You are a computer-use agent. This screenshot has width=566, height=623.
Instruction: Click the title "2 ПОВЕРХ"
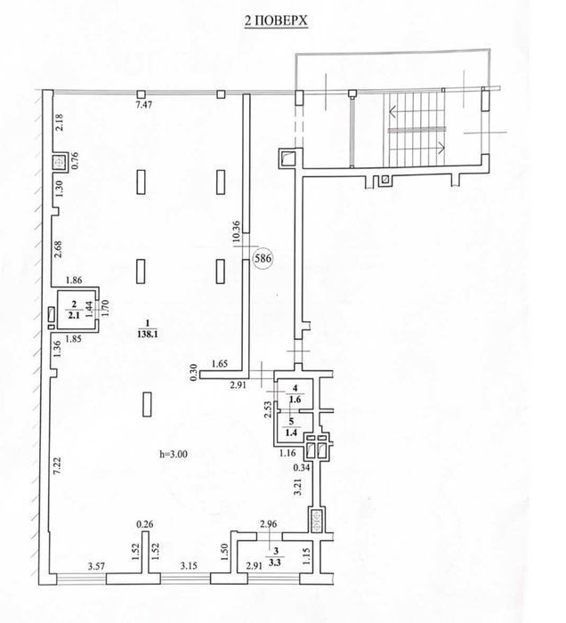(276, 20)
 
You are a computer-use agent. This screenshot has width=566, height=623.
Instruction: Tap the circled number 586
(263, 259)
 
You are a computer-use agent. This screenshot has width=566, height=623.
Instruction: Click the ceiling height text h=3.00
(174, 454)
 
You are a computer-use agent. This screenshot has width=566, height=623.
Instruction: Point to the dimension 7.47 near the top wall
(144, 105)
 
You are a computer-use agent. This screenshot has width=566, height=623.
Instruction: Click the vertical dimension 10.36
(237, 231)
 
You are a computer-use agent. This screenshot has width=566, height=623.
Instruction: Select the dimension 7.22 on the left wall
(57, 465)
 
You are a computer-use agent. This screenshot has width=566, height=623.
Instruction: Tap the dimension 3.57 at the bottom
(96, 566)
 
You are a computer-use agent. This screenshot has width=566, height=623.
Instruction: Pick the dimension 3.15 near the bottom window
(189, 566)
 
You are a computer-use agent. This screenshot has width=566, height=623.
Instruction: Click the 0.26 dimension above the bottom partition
(144, 524)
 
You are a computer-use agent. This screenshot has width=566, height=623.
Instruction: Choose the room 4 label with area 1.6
(295, 393)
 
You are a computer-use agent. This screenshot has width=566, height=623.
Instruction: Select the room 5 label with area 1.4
(292, 427)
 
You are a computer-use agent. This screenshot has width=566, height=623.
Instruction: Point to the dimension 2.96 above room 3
(268, 524)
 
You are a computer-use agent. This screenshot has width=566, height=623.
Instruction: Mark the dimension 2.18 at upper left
(59, 123)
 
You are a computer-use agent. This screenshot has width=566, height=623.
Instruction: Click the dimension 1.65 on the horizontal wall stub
(220, 363)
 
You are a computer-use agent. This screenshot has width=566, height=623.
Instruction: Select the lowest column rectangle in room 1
(147, 404)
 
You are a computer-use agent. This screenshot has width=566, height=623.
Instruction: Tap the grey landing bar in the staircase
(416, 130)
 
